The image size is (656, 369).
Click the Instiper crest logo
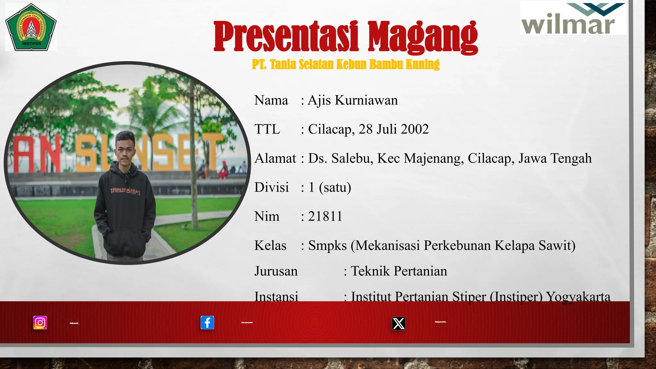(x=31, y=27)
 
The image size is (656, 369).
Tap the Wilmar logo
(x=573, y=19)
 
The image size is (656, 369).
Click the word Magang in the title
(x=422, y=37)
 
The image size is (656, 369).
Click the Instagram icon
(x=40, y=323)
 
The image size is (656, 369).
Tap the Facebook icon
(x=207, y=323)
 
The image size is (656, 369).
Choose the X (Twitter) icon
(x=398, y=324)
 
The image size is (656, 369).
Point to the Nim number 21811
(x=325, y=217)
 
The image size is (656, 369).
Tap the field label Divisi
(x=271, y=187)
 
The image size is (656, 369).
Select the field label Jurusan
(x=276, y=271)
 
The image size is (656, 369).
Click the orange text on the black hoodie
(x=125, y=191)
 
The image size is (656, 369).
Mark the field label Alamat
(x=275, y=159)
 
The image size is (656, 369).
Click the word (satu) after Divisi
(x=335, y=187)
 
